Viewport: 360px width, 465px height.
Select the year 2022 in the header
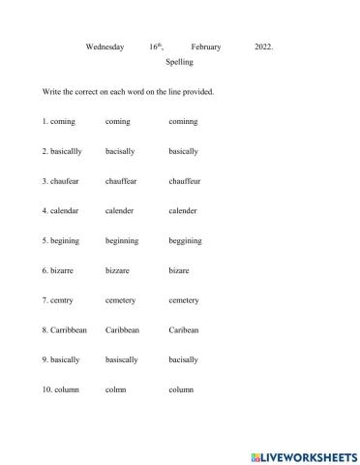coord(263,46)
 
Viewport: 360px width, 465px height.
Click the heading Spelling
coord(180,62)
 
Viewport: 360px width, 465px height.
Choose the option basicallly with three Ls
coord(65,152)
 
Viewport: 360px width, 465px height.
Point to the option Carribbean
coord(65,329)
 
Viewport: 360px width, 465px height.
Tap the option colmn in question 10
coord(116,389)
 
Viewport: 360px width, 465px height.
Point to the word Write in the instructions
coord(51,92)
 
